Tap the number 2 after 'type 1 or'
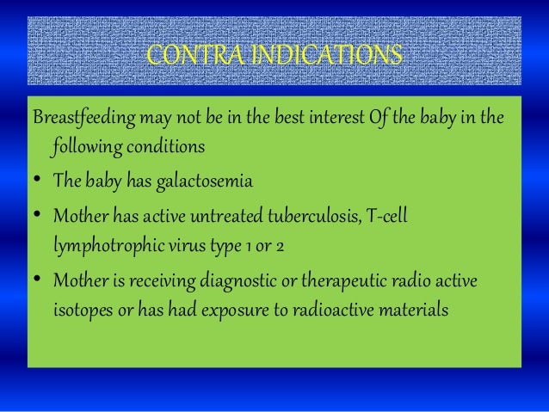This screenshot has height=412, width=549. click(281, 244)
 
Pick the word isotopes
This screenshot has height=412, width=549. click(80, 310)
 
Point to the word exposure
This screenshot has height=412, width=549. click(234, 311)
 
